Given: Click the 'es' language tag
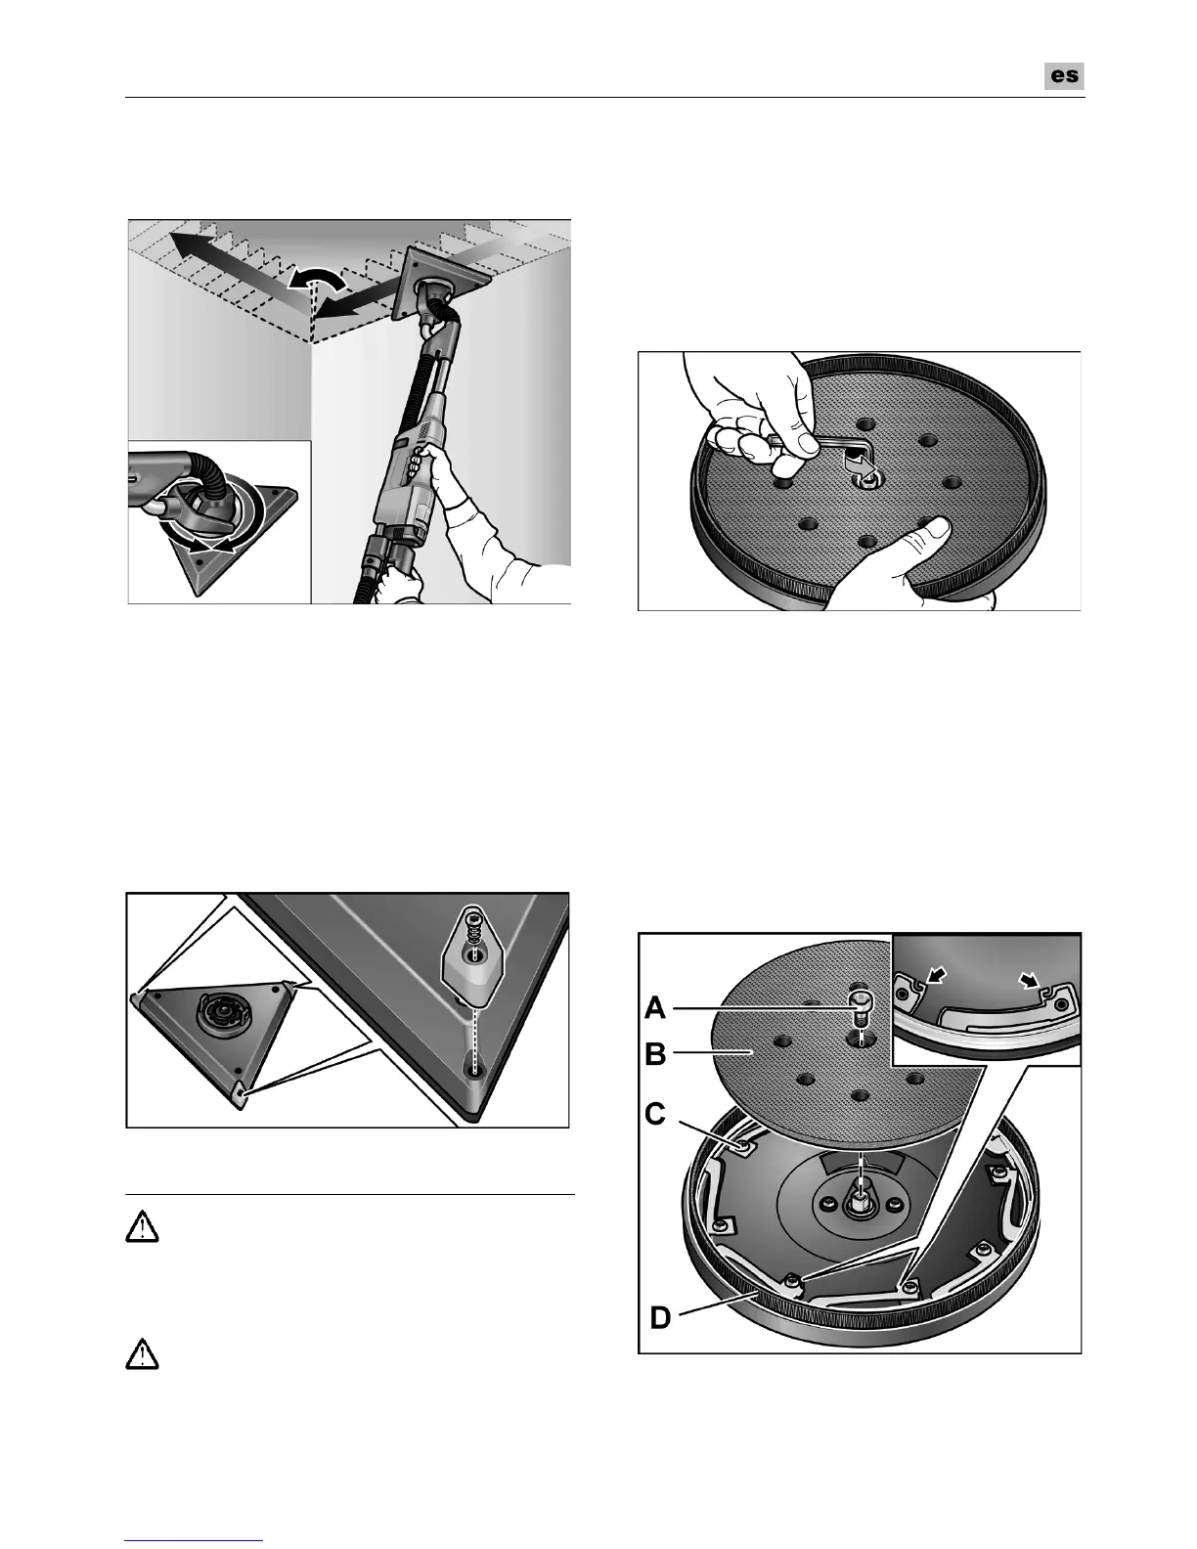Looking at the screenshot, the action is tap(1064, 76).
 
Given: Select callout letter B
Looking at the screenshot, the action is tap(655, 1055).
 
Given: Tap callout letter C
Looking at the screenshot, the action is tap(655, 1115).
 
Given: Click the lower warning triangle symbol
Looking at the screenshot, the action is tap(143, 1354).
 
